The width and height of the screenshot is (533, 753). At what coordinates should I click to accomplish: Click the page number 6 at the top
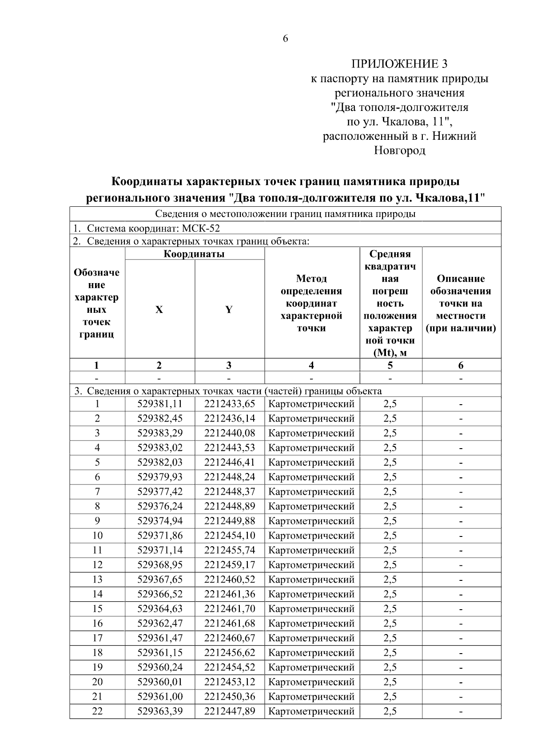coord(285,39)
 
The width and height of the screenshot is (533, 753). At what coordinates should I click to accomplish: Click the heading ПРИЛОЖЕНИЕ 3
coord(399,64)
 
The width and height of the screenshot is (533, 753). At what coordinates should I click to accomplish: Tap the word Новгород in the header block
coord(399,151)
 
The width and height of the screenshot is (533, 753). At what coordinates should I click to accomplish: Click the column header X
coord(159,310)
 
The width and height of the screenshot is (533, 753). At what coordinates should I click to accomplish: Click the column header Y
coord(229,310)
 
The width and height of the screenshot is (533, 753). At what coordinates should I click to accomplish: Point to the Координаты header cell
coord(194,254)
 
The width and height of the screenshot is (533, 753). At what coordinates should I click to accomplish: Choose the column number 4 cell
coord(311,366)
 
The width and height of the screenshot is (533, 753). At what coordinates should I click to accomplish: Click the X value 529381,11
coord(160,404)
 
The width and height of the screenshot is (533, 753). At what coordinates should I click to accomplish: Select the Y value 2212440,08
coord(230,434)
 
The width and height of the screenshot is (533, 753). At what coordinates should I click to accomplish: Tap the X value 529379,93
coord(160,477)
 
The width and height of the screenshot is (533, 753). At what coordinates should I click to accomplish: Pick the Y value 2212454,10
coord(230,536)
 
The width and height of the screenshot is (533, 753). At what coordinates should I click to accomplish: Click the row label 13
coord(97,580)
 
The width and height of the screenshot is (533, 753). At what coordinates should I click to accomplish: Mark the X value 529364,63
coord(160,609)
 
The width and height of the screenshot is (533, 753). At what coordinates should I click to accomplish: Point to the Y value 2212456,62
coord(230,653)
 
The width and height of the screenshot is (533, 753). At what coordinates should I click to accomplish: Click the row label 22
coord(97,712)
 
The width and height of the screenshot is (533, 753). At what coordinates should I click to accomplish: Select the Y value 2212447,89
coord(230,712)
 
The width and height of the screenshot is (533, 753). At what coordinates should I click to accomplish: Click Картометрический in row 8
coord(312,507)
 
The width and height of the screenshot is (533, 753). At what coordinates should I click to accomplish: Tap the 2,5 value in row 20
coord(390,682)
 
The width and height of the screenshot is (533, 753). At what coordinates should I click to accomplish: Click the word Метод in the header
coord(311,279)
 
